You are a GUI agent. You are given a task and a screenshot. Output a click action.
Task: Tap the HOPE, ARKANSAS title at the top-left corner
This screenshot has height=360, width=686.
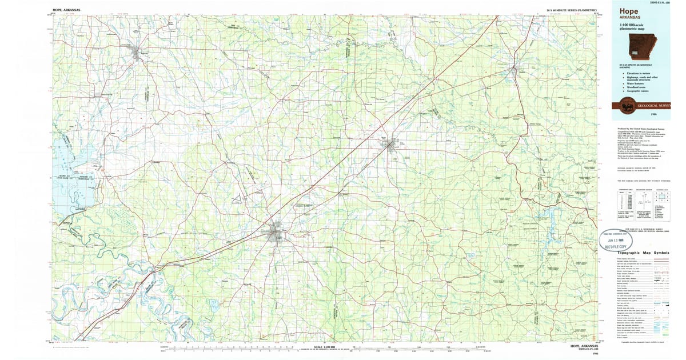(66, 10)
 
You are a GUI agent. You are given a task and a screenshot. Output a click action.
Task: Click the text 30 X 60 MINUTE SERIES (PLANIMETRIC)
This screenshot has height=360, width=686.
(572, 10)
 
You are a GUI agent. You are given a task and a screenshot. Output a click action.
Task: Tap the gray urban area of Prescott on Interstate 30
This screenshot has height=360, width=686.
(393, 146)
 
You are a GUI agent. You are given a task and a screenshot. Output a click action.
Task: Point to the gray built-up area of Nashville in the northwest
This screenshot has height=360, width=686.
(138, 55)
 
